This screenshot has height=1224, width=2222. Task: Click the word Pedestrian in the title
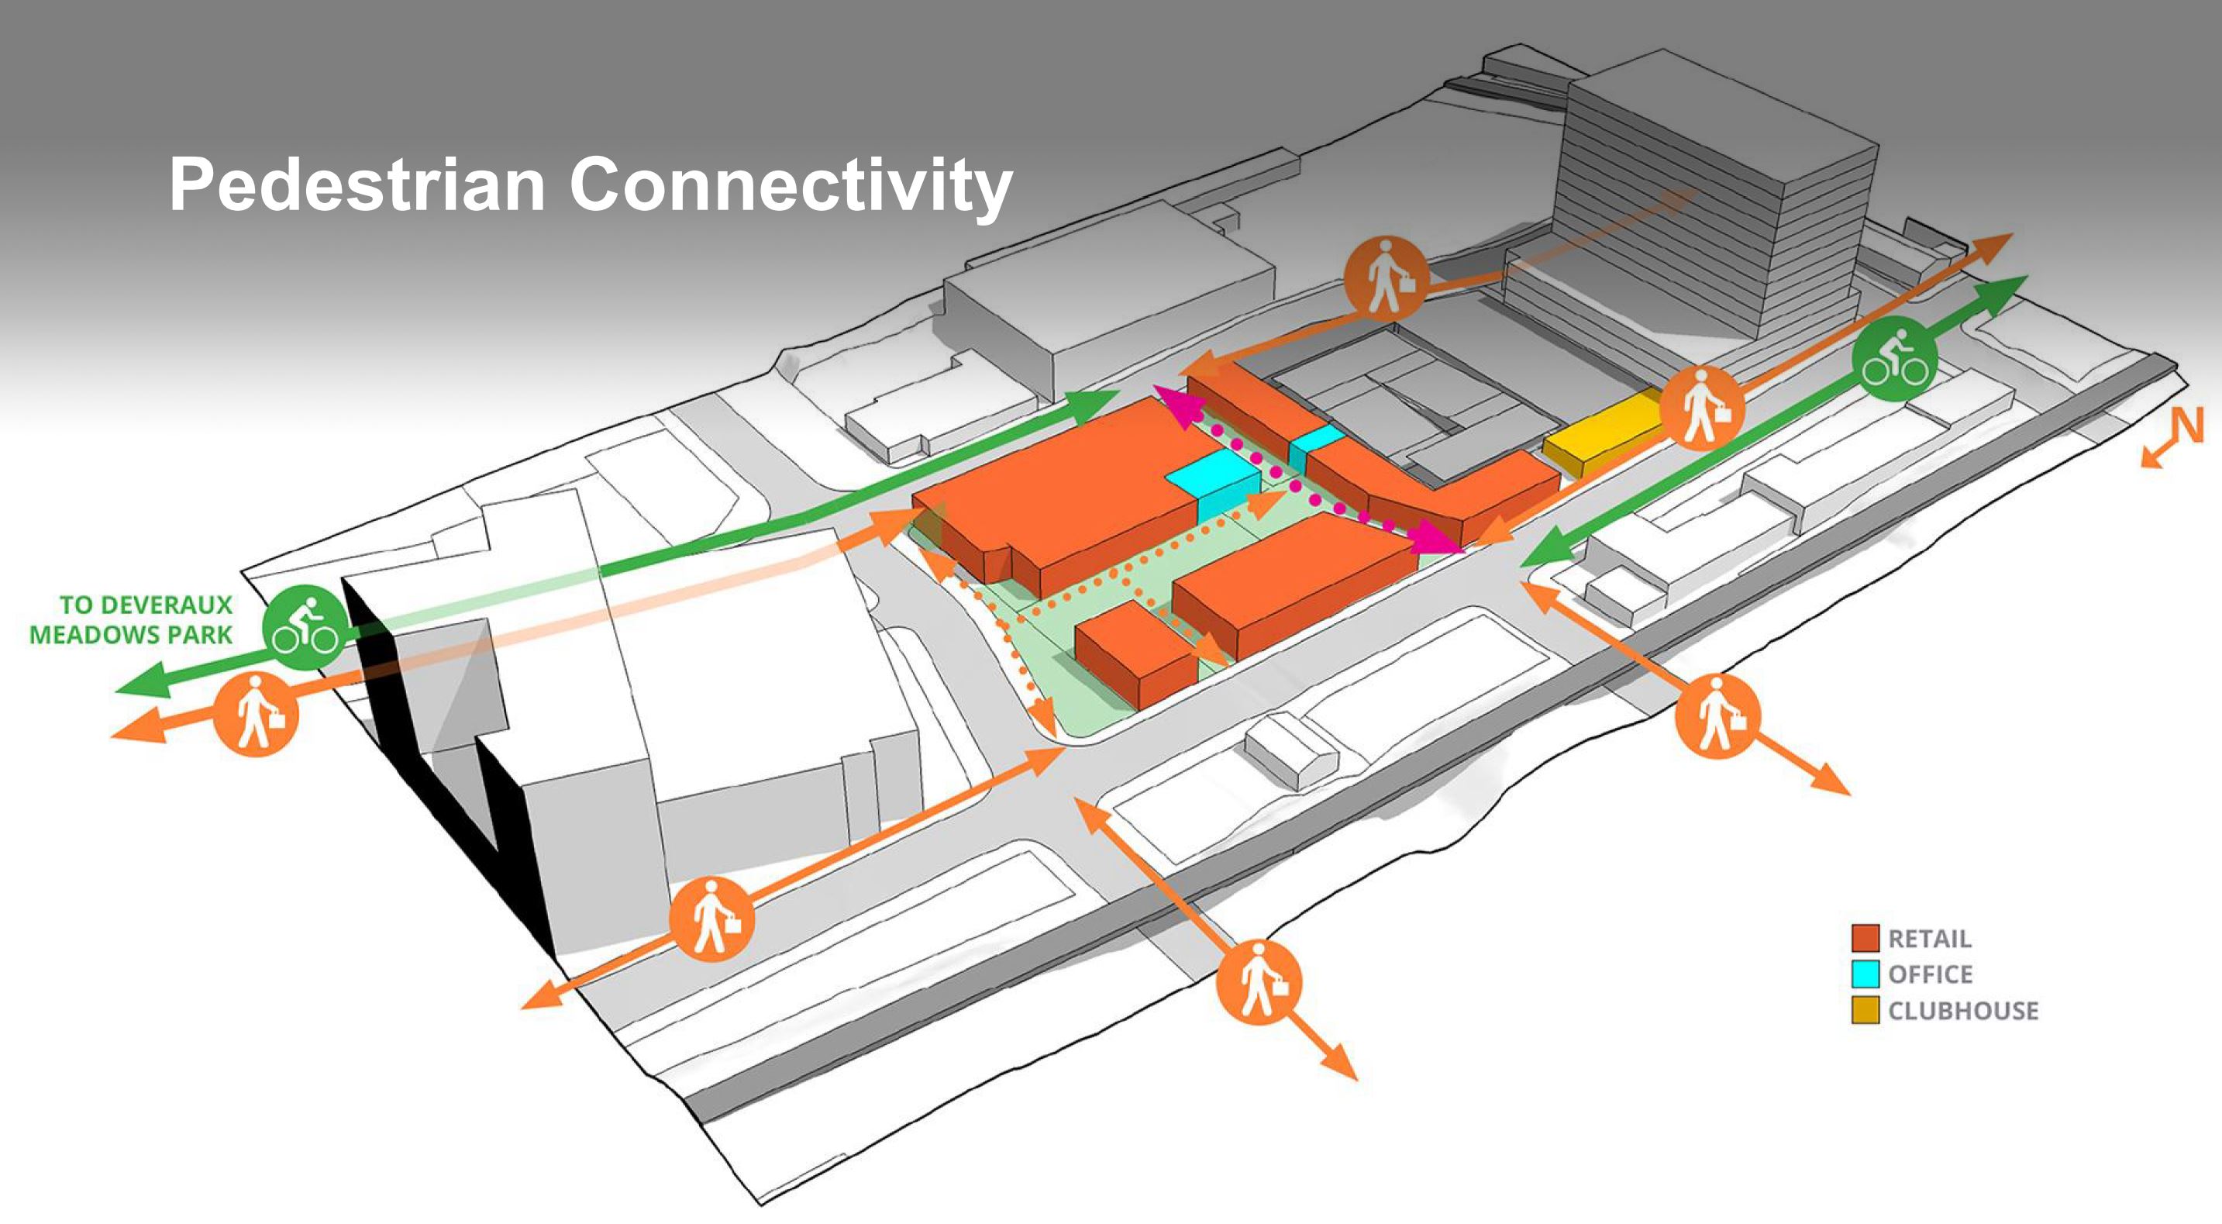pos(357,184)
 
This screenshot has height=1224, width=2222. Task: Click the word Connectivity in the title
pos(790,184)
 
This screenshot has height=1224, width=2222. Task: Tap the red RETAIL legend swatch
pos(1865,938)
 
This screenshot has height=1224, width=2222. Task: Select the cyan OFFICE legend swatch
pos(1865,974)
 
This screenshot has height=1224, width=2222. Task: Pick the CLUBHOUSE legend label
pos(1962,1011)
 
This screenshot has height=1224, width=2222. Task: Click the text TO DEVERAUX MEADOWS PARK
pos(131,619)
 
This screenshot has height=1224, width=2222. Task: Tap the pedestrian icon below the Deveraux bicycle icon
pos(255,714)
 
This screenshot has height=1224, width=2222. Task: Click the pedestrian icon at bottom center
pos(1259,981)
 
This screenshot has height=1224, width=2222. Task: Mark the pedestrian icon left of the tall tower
pos(1387,278)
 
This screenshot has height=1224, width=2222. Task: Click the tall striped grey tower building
pos(1717,198)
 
